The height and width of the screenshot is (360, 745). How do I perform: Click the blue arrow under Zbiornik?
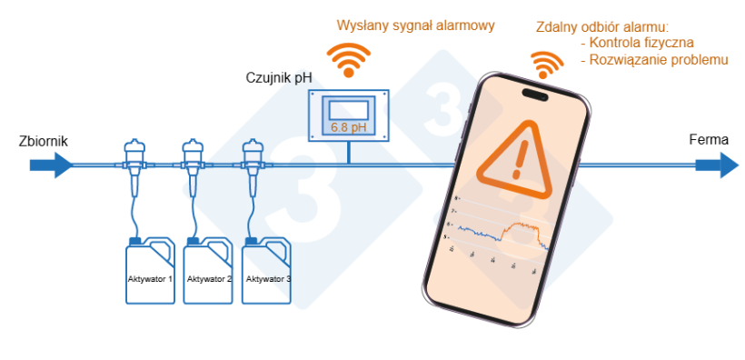(50, 165)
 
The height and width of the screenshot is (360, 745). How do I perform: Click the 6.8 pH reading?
(350, 126)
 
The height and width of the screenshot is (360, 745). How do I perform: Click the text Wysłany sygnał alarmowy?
(415, 25)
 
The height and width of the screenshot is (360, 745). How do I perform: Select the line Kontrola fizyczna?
(641, 43)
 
